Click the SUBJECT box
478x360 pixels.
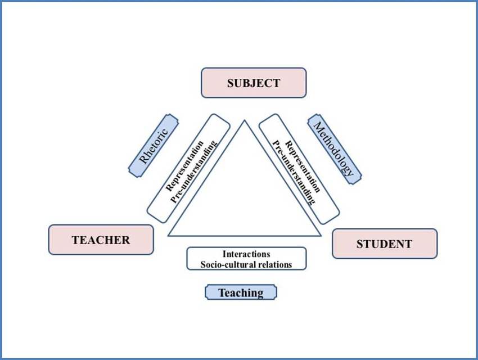pos(254,83)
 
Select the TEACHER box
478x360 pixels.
pos(101,240)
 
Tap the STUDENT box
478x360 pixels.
pos(384,244)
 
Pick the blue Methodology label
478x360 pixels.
pos(335,149)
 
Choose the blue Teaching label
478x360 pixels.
pos(241,292)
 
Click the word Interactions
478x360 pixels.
pos(246,254)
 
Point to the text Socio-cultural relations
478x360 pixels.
pos(246,264)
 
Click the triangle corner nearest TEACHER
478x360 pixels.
pos(169,236)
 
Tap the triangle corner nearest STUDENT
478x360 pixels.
pos(321,236)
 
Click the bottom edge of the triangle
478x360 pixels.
pos(245,236)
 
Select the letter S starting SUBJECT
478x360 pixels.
pos(231,83)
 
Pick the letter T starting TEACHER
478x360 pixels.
pos(75,240)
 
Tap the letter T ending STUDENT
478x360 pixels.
pos(408,244)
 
